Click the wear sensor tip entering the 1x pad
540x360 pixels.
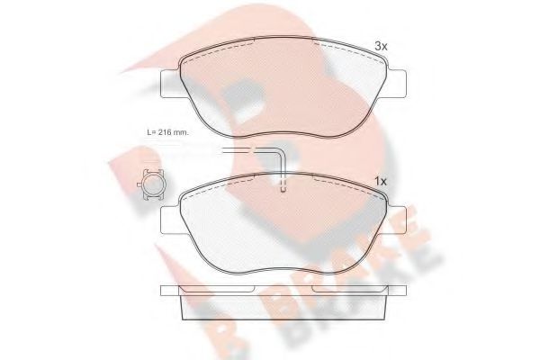click(284, 187)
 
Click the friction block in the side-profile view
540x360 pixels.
click(283, 308)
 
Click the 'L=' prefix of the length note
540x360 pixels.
click(150, 133)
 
